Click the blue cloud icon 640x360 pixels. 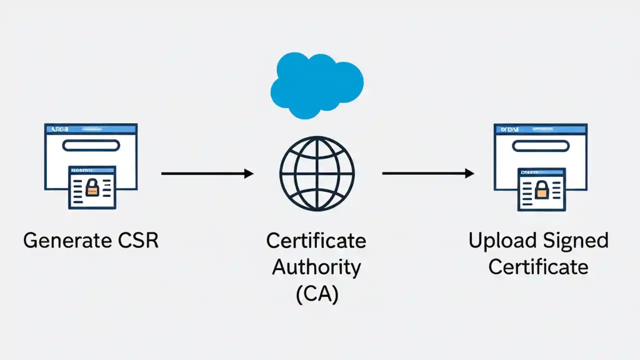pyautogui.click(x=316, y=85)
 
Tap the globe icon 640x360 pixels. pyautogui.click(x=316, y=173)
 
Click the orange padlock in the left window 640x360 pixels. pyautogui.click(x=92, y=188)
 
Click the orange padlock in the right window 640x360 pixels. pyautogui.click(x=541, y=190)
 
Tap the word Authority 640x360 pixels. pyautogui.click(x=316, y=267)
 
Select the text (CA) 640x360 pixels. pyautogui.click(x=316, y=294)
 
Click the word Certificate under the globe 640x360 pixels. pyautogui.click(x=316, y=240)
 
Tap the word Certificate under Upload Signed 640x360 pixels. pyautogui.click(x=538, y=267)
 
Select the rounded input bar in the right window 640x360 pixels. pyautogui.click(x=540, y=145)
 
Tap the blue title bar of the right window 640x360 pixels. pyautogui.click(x=540, y=129)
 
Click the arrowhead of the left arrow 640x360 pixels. pyautogui.click(x=248, y=173)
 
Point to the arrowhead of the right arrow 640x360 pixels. pyautogui.click(x=469, y=173)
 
